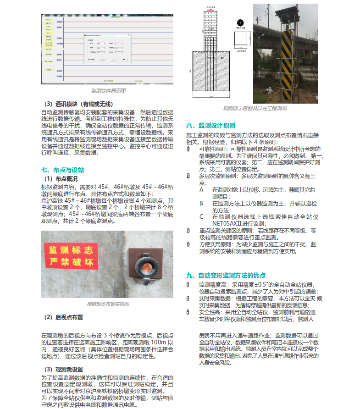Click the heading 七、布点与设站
coord(62,170)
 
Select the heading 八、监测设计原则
coord(210,125)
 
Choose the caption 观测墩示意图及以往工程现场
coord(255,108)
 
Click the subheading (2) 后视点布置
coord(63,317)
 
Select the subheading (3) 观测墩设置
coord(63,369)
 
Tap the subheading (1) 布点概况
coord(61,178)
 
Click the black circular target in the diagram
coord(239,22)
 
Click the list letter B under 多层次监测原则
coord(201,203)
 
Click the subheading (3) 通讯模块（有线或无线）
coord(78,104)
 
